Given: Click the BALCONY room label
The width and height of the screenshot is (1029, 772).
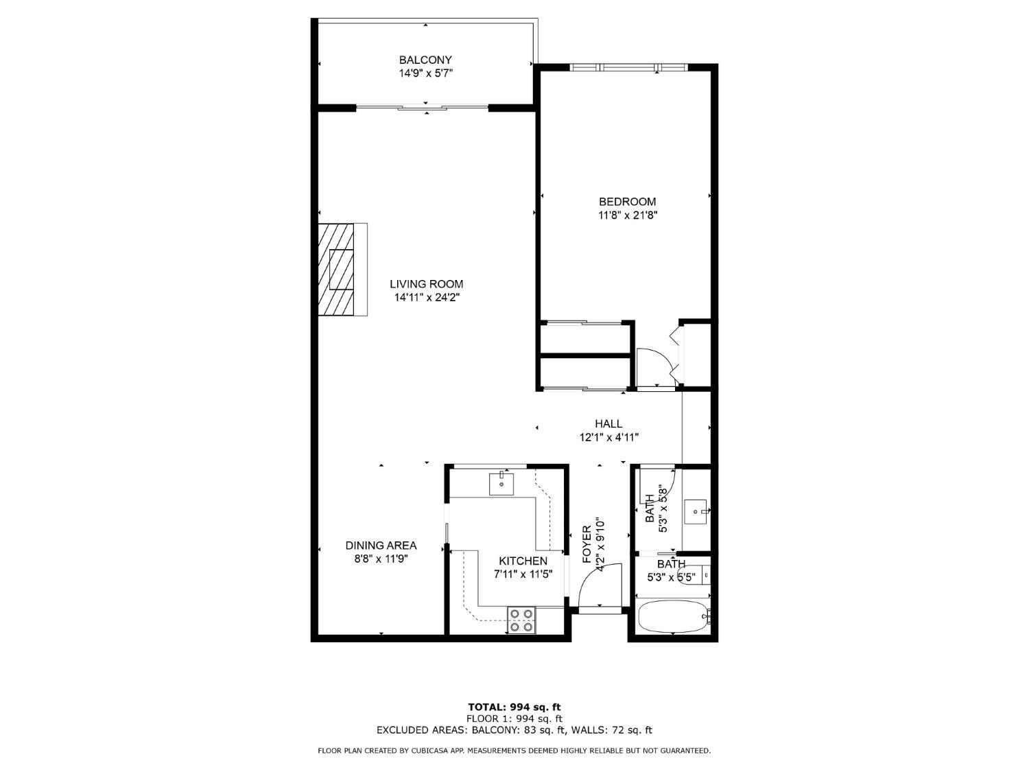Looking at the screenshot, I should tap(425, 60).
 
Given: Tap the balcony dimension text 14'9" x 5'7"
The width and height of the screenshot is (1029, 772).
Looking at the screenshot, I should tap(425, 73).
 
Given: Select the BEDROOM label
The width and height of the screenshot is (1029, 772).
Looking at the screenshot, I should tap(627, 202).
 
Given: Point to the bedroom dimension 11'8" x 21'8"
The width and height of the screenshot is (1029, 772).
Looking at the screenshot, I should tap(627, 215).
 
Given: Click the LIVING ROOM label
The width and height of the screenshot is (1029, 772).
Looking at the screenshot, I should tap(426, 284).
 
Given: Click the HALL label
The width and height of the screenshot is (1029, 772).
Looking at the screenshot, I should tap(608, 424).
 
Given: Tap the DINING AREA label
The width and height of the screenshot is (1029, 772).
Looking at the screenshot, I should tap(381, 546).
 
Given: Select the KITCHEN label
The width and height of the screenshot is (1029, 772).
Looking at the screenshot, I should tap(523, 561).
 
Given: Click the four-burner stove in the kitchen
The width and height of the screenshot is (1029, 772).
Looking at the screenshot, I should tap(521, 620).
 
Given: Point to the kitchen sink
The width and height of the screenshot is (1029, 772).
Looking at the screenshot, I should tap(502, 484).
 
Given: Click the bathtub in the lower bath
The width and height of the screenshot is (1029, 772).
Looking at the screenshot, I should tap(673, 616).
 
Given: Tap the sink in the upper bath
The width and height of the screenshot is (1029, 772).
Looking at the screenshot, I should tap(696, 511).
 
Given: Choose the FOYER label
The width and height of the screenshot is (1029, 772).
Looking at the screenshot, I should tap(587, 544).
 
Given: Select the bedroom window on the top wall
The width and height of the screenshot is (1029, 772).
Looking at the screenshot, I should tap(628, 67).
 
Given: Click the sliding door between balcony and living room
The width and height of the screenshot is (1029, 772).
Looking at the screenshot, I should tap(422, 107).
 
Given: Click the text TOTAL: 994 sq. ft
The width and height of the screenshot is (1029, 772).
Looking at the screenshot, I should tap(514, 707).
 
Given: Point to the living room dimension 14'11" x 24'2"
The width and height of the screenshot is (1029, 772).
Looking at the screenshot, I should tap(426, 298).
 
